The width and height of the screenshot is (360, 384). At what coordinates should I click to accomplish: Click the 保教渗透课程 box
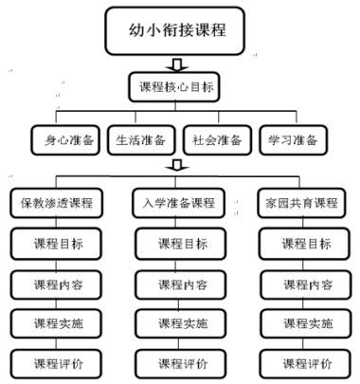point(57,202)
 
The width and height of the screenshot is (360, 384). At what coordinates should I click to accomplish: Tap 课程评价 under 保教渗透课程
point(57,362)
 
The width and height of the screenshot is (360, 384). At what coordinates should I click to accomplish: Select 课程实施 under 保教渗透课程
point(57,323)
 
